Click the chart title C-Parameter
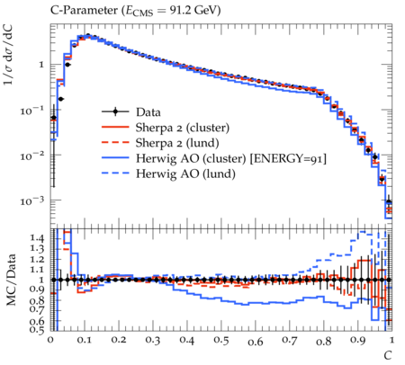(85, 11)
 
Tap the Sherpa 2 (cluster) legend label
(183, 128)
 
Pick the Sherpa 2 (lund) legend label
(177, 143)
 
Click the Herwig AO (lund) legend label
(185, 174)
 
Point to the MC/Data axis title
(11, 280)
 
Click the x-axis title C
(388, 355)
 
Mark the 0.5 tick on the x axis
(221, 341)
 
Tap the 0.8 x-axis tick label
(323, 341)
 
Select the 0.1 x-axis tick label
(85, 341)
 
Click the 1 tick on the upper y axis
(41, 65)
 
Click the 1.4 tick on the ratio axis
(37, 238)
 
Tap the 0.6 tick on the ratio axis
(37, 321)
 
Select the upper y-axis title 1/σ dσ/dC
(10, 57)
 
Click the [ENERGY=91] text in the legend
(288, 158)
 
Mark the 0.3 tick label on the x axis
(153, 341)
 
